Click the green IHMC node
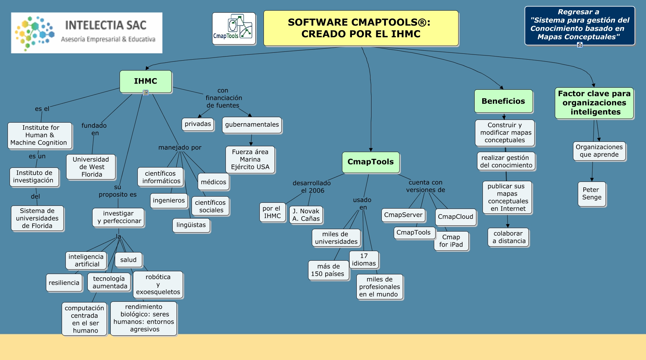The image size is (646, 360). coord(146,81)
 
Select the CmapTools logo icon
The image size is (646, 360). coord(234,28)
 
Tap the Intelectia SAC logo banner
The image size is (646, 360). coord(87,33)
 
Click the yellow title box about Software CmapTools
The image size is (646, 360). coord(361,28)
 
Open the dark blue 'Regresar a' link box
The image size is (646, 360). coord(580,25)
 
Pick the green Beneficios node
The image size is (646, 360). coord(503,101)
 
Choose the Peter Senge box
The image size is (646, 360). coord(592,194)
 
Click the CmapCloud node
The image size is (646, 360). coord(455,217)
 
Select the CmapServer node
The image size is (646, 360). coord(403,215)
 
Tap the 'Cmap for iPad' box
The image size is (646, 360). coord(451,241)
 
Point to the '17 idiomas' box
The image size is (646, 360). coord(364,260)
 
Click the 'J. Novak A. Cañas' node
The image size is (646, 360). coord(306,215)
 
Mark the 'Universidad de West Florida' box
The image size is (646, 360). coord(91,167)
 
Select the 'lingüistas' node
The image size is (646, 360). coord(191,225)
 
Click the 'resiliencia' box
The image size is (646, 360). coord(64,283)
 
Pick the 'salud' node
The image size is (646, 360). coord(128,260)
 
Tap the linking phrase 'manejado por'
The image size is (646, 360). coord(180,148)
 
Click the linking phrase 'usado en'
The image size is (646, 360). coord(362,203)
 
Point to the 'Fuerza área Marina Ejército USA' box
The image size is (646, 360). coord(250,160)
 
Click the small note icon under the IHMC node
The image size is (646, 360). coord(146,93)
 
